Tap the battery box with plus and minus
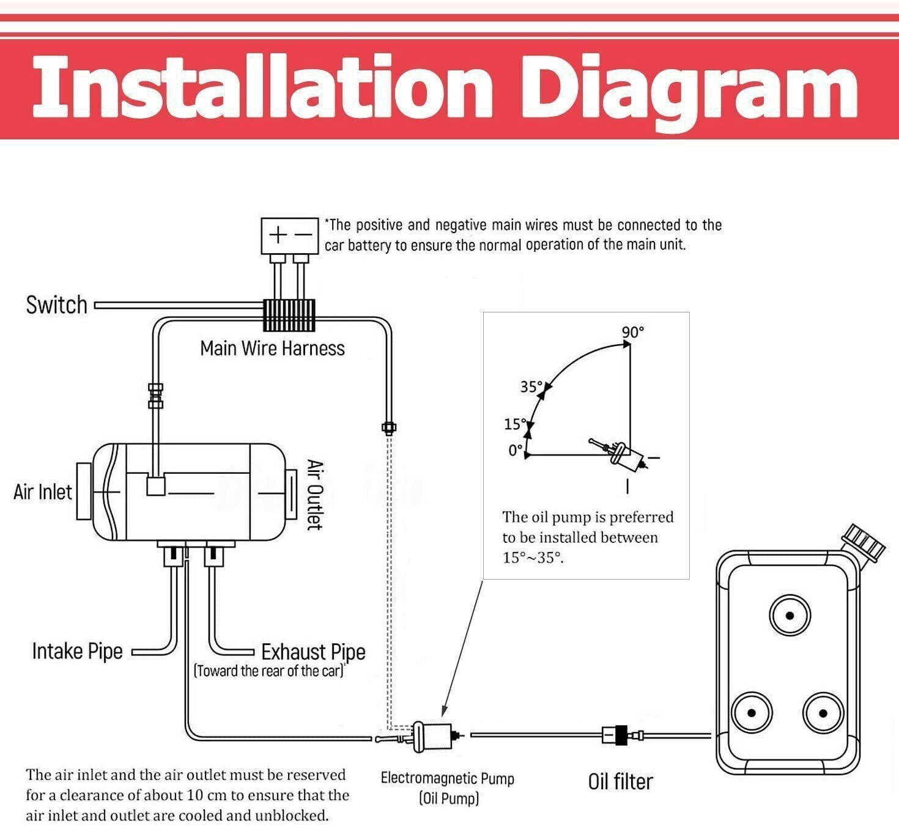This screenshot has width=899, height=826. [289, 235]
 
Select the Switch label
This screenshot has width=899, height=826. [56, 304]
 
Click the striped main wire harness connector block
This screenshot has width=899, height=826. [289, 315]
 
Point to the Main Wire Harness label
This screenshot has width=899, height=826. [272, 348]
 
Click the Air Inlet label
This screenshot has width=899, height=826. [42, 492]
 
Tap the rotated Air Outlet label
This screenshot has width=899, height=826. [314, 495]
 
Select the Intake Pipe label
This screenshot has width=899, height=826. [77, 651]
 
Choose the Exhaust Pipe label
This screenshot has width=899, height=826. [313, 652]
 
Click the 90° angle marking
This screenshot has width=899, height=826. [633, 332]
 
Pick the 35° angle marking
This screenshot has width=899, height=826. [531, 386]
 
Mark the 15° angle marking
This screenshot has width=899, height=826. [515, 424]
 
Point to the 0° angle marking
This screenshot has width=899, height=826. [516, 451]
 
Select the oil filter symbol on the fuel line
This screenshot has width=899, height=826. [616, 734]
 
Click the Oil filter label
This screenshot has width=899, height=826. [620, 781]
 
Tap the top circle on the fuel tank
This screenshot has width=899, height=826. [790, 616]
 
